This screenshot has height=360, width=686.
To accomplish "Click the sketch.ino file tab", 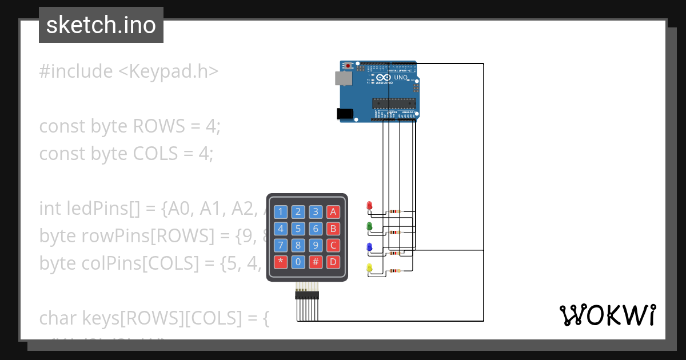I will point(101,25).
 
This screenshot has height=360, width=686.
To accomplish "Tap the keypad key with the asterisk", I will point(280,263).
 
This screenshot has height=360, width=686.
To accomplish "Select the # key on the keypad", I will point(316,263).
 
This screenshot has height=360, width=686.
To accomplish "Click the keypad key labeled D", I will point(334,263).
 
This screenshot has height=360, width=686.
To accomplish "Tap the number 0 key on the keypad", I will point(298,263).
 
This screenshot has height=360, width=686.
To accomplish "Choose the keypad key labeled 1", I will point(280,212).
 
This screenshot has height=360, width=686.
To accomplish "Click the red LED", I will point(369,205).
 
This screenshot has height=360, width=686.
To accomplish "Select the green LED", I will point(369,226).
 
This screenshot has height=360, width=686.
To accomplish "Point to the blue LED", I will point(369,247).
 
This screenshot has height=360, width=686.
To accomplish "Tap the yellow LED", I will point(369,268).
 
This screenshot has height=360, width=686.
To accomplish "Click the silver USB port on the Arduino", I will point(342,78).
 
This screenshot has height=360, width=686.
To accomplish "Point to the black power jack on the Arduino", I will point(345,114).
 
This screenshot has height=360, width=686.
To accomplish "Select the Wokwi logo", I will point(607,315).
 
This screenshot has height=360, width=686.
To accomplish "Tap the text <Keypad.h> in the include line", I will point(169,71).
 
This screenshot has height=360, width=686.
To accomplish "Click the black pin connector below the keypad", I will point(307,295).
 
